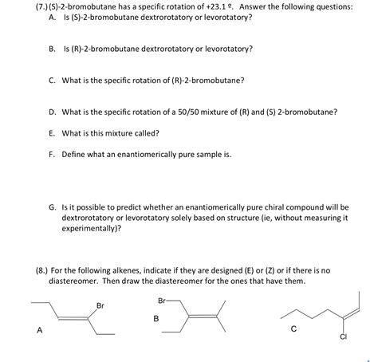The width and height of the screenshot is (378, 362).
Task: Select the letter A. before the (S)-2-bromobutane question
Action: pyautogui.click(x=52, y=18)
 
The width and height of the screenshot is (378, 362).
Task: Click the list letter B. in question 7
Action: pyautogui.click(x=52, y=48)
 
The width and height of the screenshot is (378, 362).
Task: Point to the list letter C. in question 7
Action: pyautogui.click(x=52, y=80)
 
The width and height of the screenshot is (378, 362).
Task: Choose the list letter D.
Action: pyautogui.click(x=52, y=112)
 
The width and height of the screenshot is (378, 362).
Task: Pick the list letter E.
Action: pyautogui.click(x=52, y=133)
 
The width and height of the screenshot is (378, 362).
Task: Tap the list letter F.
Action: pyautogui.click(x=52, y=155)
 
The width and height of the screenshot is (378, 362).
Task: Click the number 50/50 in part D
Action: pyautogui.click(x=193, y=112)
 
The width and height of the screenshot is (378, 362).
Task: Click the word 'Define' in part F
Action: pyautogui.click(x=76, y=155)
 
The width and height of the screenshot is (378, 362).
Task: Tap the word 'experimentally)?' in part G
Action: pyautogui.click(x=92, y=227)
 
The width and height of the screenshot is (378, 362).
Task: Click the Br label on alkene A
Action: pyautogui.click(x=100, y=305)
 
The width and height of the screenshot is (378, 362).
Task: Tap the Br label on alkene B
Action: pyautogui.click(x=163, y=301)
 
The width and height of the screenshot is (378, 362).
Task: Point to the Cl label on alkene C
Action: pyautogui.click(x=344, y=336)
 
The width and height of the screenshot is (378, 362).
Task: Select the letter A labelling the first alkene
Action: pyautogui.click(x=37, y=329)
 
